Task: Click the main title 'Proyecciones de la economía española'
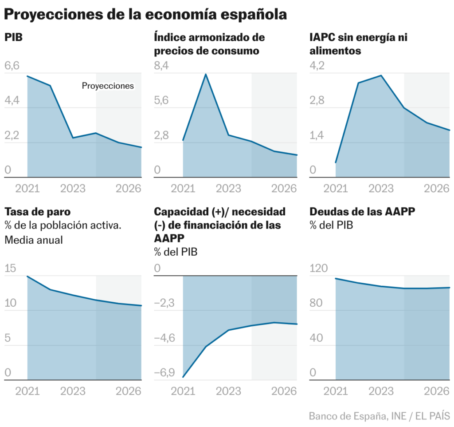pos(145,14)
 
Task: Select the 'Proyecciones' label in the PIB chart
pos(108,86)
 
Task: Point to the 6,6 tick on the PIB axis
pos(12,66)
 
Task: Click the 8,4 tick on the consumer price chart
pos(161,66)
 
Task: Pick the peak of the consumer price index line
pos(206,74)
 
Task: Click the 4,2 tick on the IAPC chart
pos(317,66)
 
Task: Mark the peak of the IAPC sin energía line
pos(381,75)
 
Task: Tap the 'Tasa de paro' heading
pos(37,212)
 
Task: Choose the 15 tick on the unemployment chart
pos(10,269)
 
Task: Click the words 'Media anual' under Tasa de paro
pos(34,240)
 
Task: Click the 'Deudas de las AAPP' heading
pos(362,212)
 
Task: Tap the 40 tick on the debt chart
pos(317,338)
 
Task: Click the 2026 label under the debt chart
pos(438,391)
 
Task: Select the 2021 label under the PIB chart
pos(27,188)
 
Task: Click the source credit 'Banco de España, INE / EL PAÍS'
pos(379,416)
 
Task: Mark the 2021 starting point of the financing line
pos(183,377)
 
